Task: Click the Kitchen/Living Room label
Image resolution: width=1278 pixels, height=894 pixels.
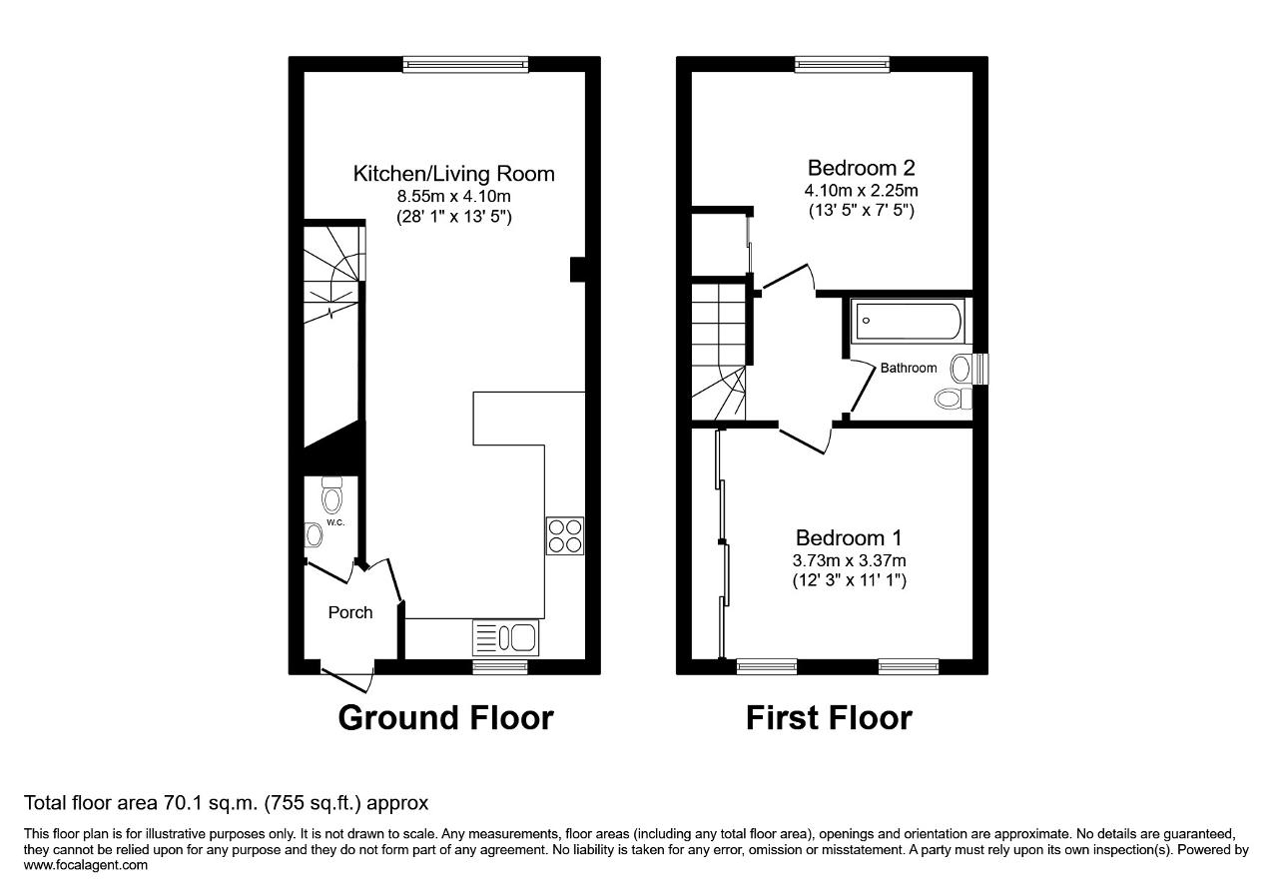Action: coord(453,174)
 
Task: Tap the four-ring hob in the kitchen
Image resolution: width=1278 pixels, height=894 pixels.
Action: coord(565,535)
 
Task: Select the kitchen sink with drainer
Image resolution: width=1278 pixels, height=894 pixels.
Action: coord(505,637)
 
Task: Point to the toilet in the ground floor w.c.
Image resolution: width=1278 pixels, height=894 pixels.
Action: coord(332,495)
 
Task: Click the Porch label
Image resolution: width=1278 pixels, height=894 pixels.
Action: coord(350,612)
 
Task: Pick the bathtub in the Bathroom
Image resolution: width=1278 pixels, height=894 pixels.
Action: coord(908,321)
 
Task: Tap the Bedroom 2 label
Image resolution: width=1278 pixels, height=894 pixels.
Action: coord(861,168)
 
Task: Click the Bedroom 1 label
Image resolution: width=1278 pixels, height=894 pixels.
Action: coord(849,537)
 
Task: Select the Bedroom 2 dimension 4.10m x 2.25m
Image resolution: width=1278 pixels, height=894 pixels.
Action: coord(861,190)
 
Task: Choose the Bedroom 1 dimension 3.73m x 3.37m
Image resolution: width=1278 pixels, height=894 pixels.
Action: coord(849,560)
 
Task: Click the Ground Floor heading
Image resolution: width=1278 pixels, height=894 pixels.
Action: coord(445,717)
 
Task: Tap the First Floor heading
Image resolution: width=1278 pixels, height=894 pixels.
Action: coord(829,717)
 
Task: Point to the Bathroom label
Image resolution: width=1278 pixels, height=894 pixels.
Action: coord(909,369)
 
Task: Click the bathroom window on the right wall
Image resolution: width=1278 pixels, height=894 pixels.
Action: coord(980,369)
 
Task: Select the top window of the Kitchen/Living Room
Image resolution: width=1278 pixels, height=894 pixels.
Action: coord(465,65)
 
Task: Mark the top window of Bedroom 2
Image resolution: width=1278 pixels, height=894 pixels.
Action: coord(842,65)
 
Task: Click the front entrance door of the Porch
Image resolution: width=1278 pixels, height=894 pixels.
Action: coord(347,677)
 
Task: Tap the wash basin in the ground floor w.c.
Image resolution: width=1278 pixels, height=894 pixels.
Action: coord(314,535)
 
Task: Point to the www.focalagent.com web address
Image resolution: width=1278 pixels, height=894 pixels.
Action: coord(86,865)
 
